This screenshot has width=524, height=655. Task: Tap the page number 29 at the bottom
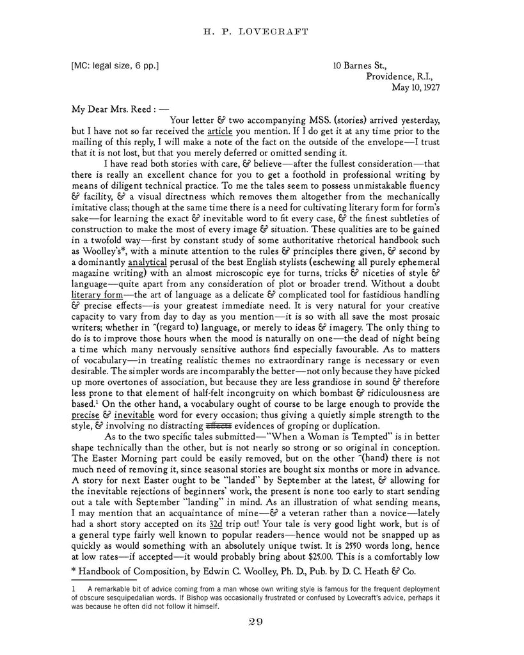point(262,622)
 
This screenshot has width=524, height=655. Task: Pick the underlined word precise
point(84,414)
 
